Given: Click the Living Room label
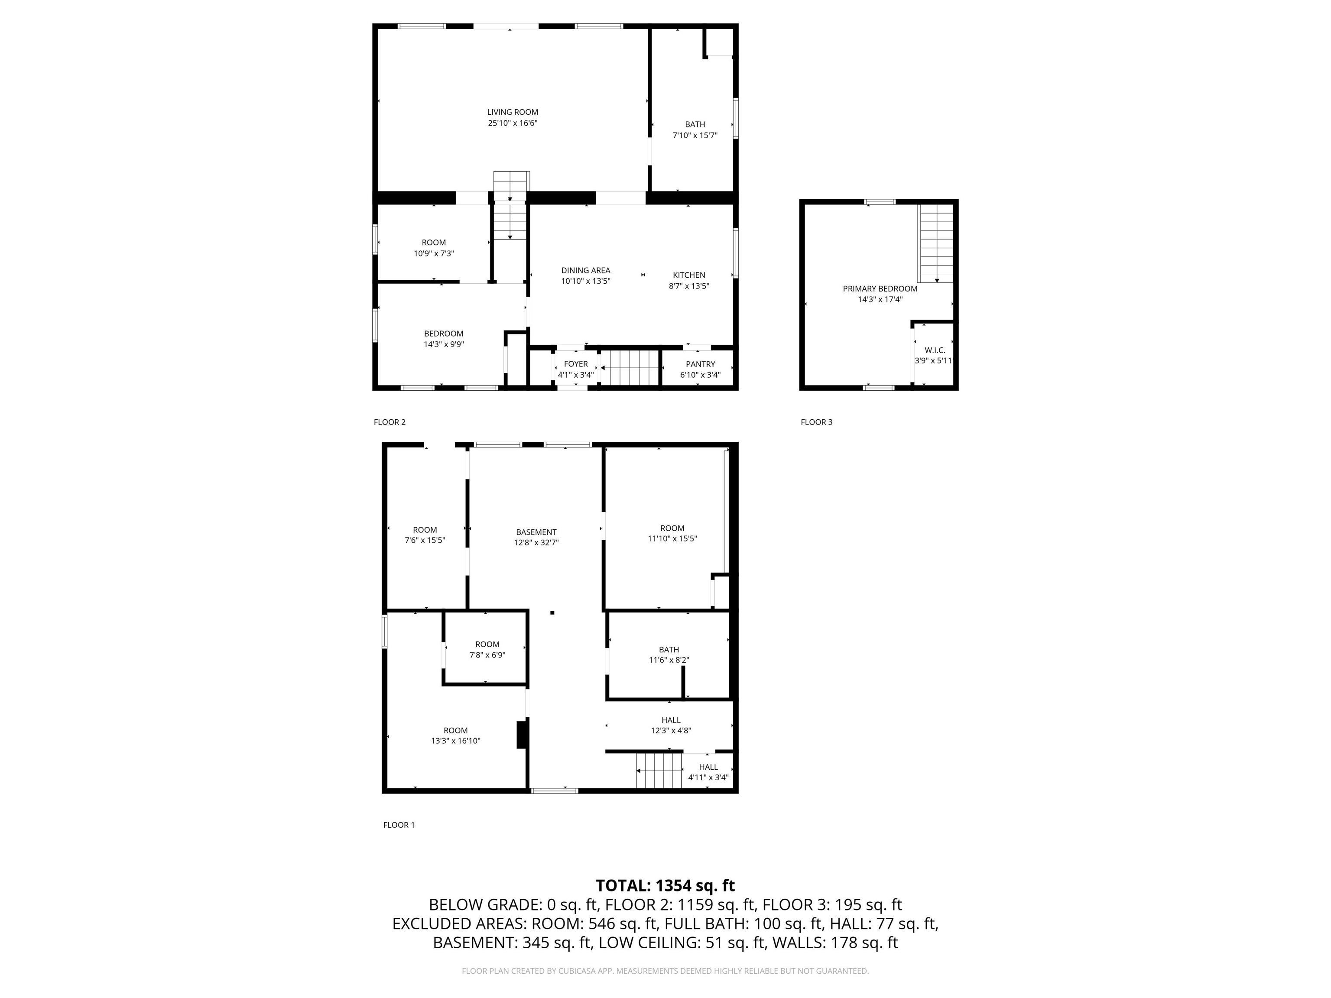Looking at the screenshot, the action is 513,112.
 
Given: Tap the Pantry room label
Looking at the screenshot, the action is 701,364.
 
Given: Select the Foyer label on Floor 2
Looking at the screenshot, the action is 576,364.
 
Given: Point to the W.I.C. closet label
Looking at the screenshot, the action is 935,350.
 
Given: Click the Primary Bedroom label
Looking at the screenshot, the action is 880,289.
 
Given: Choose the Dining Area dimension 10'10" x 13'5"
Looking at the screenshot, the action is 585,281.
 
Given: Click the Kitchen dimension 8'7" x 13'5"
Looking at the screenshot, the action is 689,286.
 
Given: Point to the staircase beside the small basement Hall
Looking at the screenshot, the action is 659,771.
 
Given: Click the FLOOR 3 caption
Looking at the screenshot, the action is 817,422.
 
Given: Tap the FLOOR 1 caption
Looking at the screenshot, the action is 399,825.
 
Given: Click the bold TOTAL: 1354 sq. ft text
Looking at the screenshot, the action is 665,885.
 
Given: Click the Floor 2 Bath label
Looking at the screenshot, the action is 695,124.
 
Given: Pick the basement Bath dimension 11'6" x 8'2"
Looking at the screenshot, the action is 669,660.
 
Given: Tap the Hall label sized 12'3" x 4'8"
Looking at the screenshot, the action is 671,720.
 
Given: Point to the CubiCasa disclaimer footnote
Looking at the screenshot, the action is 665,971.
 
